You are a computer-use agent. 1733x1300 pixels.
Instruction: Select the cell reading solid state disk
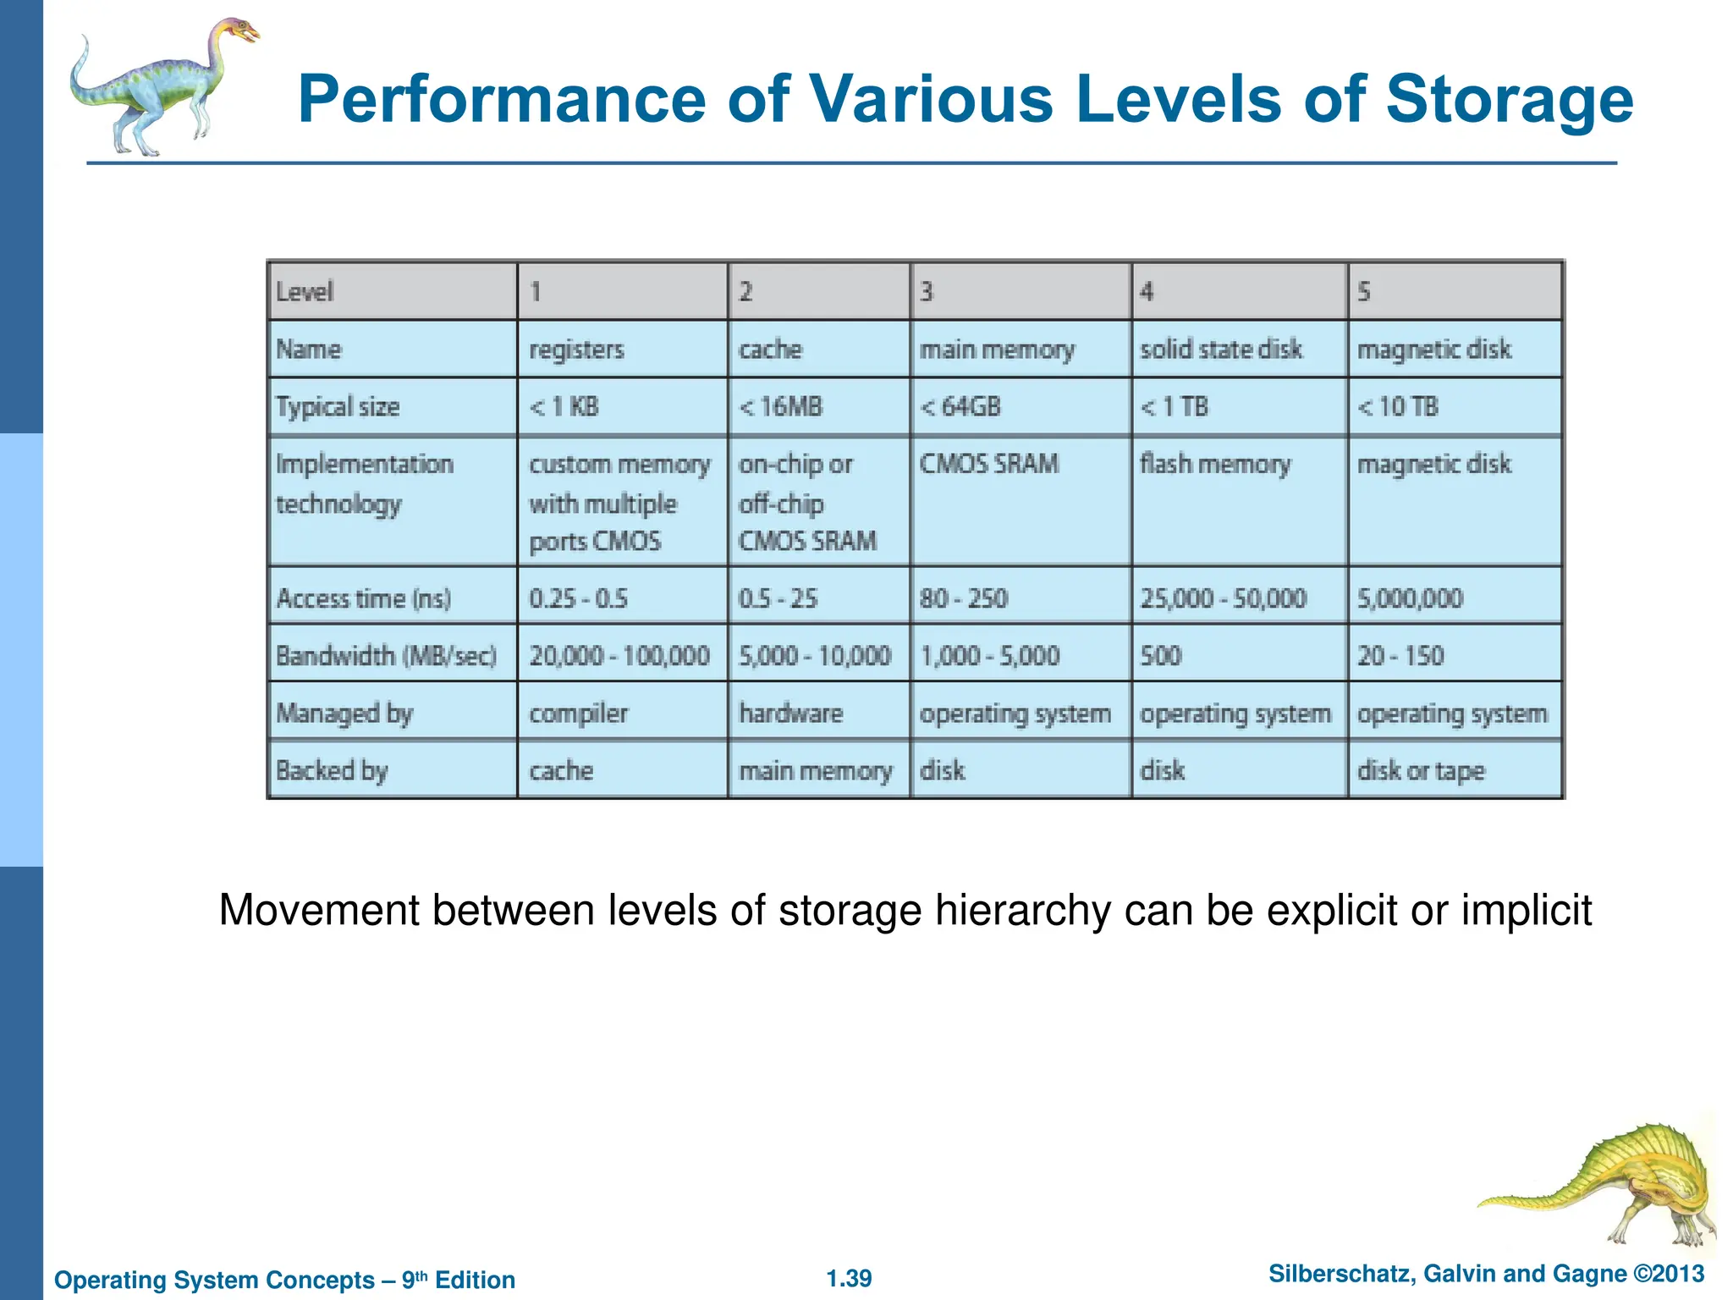coord(1220,349)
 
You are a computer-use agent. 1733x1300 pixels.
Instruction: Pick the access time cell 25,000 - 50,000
coord(1223,598)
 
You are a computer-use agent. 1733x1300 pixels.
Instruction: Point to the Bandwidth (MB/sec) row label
coord(386,656)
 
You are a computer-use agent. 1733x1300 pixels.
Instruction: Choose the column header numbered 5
coord(1364,292)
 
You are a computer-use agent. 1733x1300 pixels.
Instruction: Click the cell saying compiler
coord(579,713)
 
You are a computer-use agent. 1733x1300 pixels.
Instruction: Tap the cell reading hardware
coord(790,713)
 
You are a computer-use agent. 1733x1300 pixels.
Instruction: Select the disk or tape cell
coord(1421,771)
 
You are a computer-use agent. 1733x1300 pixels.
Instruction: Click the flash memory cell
coord(1215,464)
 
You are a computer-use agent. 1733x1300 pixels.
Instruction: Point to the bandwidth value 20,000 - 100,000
coord(619,656)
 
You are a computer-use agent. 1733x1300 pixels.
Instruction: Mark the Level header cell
coord(305,292)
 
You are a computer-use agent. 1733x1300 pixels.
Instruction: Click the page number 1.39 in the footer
coord(849,1278)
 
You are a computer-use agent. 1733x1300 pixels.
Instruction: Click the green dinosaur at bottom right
coord(1608,1185)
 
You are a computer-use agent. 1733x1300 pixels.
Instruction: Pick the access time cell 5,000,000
coord(1410,598)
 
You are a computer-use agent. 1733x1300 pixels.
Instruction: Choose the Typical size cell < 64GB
coord(960,407)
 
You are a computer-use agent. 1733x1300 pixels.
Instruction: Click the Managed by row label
coord(344,713)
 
